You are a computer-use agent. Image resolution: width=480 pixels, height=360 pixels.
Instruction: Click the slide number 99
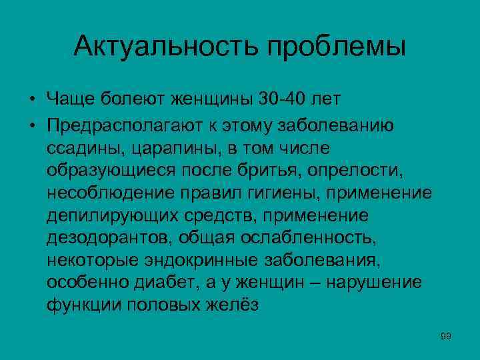pyautogui.click(x=446, y=336)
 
